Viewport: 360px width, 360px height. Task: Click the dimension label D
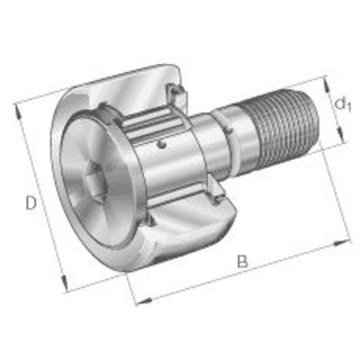tap(31, 203)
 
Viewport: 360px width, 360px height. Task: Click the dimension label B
tap(243, 261)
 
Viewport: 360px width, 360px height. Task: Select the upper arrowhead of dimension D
tap(18, 111)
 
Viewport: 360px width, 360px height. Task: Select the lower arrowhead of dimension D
tap(64, 284)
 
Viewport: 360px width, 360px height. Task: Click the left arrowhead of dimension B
tap(144, 301)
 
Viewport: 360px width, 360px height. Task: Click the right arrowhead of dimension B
tap(342, 243)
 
